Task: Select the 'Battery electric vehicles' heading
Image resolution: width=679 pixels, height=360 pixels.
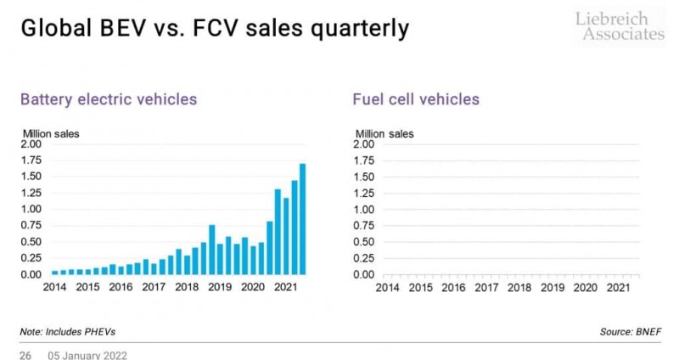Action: click(x=108, y=99)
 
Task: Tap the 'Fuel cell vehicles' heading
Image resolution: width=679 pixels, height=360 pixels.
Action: click(x=416, y=99)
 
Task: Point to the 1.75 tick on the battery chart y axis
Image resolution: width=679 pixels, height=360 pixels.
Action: click(x=31, y=160)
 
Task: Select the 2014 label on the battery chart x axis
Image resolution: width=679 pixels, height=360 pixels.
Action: click(x=53, y=287)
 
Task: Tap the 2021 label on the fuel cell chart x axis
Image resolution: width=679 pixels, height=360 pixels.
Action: click(x=618, y=287)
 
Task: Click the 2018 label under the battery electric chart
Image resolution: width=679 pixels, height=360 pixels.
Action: click(x=186, y=287)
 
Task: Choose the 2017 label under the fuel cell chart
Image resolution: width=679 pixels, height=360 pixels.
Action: click(x=485, y=287)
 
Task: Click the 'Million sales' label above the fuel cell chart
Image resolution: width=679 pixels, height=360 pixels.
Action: click(x=384, y=132)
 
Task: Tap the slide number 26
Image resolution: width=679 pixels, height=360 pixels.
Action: click(x=25, y=353)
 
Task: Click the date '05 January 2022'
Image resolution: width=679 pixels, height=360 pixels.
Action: click(x=87, y=353)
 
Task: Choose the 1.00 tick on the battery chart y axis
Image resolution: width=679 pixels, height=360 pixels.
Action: click(x=31, y=210)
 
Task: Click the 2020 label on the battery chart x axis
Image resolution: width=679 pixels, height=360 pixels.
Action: click(x=252, y=287)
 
